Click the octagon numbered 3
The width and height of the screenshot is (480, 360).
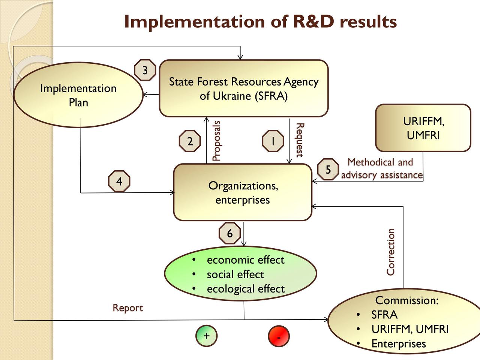(x=145, y=70)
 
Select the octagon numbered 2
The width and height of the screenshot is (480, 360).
(x=190, y=141)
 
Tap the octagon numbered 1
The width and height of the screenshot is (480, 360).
(x=273, y=141)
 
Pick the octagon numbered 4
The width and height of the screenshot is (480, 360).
(x=119, y=181)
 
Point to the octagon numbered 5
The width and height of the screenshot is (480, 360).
(x=328, y=169)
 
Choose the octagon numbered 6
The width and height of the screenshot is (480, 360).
(x=229, y=233)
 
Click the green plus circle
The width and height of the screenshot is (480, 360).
(x=206, y=336)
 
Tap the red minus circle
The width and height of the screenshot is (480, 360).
(x=279, y=336)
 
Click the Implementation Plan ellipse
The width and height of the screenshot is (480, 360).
(x=78, y=95)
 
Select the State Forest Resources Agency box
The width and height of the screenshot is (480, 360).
(x=244, y=88)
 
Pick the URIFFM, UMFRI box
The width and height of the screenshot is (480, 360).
(x=423, y=128)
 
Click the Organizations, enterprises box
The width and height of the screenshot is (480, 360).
(x=243, y=192)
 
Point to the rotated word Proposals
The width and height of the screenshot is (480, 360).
(x=216, y=141)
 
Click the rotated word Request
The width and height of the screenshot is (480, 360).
(x=300, y=140)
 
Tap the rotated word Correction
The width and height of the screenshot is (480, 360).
(x=390, y=252)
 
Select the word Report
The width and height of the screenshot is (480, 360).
(x=128, y=308)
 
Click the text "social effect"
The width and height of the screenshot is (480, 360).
(x=235, y=274)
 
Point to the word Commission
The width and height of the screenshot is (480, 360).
(x=407, y=300)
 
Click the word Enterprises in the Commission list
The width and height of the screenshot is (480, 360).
(x=399, y=343)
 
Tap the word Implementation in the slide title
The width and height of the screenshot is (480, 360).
(x=195, y=22)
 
